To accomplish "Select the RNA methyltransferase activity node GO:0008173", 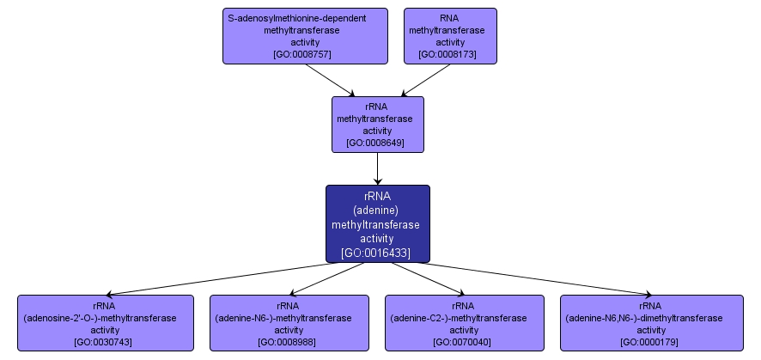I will [x=450, y=36].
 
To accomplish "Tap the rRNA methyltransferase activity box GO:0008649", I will [x=378, y=125].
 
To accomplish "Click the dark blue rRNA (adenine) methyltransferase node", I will [x=377, y=223].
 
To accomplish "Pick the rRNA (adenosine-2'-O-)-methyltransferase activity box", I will [x=105, y=322].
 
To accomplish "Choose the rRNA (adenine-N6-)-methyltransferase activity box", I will [x=289, y=322].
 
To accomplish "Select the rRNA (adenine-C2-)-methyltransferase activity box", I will [x=464, y=322].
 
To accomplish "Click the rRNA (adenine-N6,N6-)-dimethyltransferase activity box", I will [x=651, y=322].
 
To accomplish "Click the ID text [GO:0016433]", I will [x=376, y=253].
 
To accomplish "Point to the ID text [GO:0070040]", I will [x=464, y=342].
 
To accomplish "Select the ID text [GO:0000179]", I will [x=651, y=342].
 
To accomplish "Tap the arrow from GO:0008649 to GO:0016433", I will [x=378, y=169].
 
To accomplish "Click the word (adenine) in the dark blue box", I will [x=376, y=210].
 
